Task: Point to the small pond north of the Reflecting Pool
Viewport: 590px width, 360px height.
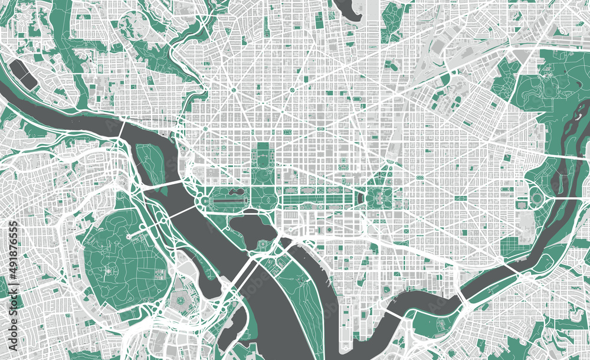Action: [234, 192]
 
